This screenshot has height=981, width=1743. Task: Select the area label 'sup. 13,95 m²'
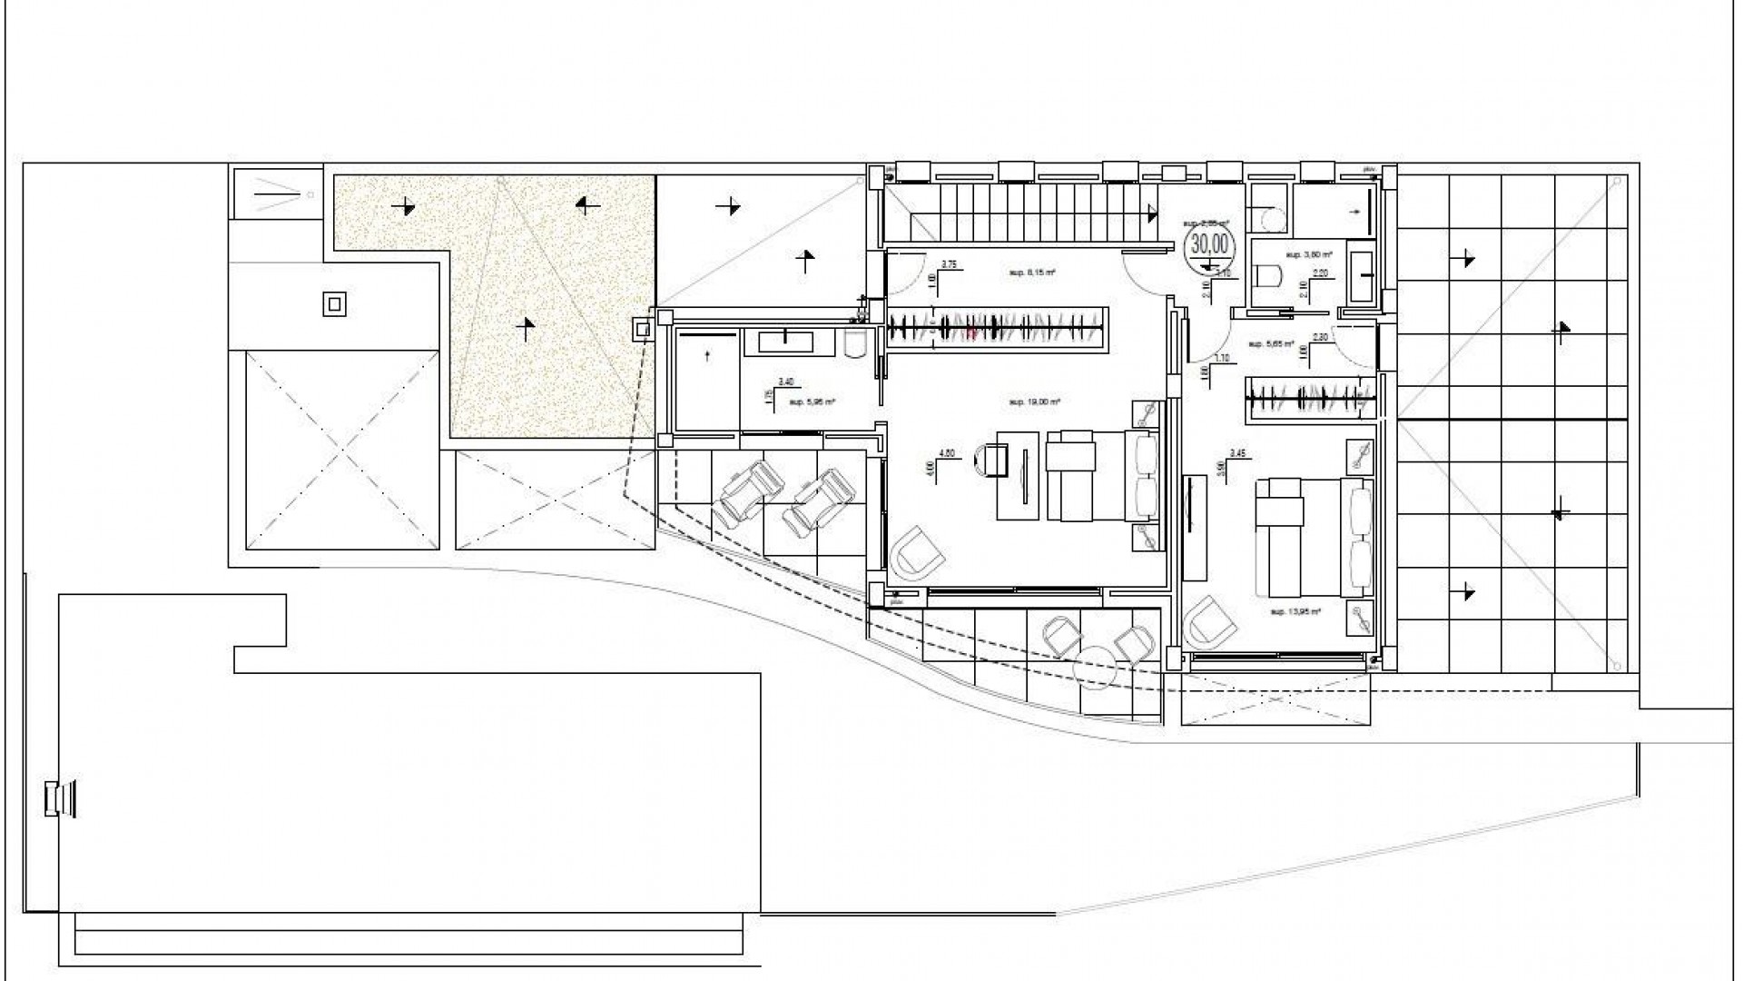click(1295, 612)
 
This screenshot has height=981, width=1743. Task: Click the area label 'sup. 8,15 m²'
click(1032, 272)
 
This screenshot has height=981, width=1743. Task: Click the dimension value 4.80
click(946, 452)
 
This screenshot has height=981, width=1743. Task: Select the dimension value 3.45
click(1236, 452)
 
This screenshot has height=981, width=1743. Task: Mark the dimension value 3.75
click(949, 264)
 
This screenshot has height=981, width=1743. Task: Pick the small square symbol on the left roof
click(334, 303)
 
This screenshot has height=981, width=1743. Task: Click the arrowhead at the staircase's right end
click(1153, 213)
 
